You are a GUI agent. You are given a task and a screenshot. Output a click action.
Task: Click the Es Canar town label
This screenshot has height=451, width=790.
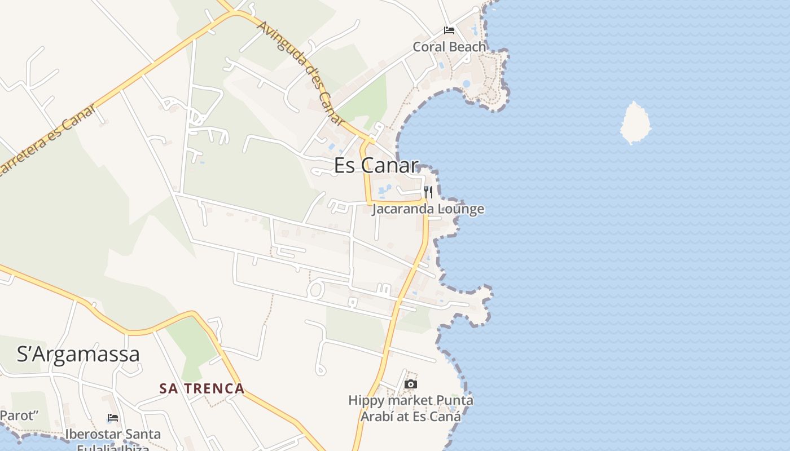pyautogui.click(x=376, y=165)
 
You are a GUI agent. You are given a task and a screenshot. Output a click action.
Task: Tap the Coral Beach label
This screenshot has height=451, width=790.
pyautogui.click(x=449, y=47)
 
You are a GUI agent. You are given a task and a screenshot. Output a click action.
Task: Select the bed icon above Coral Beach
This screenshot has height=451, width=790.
pyautogui.click(x=449, y=30)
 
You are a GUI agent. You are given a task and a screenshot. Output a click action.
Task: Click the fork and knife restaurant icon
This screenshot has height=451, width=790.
pyautogui.click(x=428, y=192)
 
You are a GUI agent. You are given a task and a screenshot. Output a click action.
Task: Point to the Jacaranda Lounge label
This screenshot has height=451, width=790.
pyautogui.click(x=428, y=209)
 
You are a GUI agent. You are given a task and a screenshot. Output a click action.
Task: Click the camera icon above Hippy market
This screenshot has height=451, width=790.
pyautogui.click(x=411, y=384)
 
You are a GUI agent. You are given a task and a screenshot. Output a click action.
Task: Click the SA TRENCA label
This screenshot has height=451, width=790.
pyautogui.click(x=201, y=388)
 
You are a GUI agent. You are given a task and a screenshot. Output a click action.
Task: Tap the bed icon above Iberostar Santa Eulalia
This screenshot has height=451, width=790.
pyautogui.click(x=113, y=418)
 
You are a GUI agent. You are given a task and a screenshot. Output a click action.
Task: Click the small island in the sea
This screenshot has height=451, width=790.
pyautogui.click(x=635, y=123)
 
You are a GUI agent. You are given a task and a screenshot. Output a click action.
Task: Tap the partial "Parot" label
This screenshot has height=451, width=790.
pyautogui.click(x=19, y=416)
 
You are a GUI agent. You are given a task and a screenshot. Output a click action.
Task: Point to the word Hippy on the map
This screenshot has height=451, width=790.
pyautogui.click(x=367, y=401)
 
